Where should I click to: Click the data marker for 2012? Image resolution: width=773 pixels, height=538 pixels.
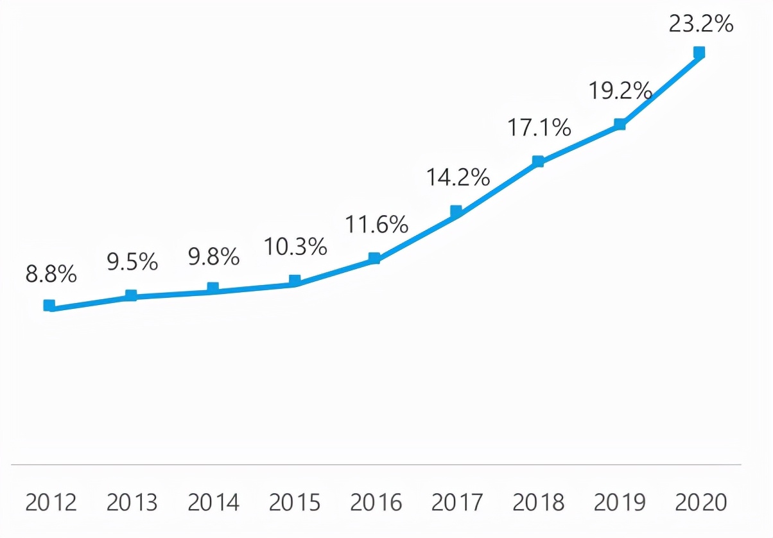click(x=49, y=305)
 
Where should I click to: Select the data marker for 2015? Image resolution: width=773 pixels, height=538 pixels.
click(x=295, y=281)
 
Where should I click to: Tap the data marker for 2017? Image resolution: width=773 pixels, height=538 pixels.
click(x=456, y=211)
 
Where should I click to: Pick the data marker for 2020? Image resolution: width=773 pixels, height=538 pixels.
click(x=699, y=52)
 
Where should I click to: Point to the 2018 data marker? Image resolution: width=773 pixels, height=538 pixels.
click(x=538, y=161)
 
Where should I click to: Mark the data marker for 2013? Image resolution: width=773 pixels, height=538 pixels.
click(x=131, y=295)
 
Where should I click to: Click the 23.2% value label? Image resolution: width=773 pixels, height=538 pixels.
click(x=700, y=24)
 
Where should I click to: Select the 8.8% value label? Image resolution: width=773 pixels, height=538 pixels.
click(x=51, y=275)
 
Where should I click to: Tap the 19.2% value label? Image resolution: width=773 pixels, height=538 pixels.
click(x=620, y=91)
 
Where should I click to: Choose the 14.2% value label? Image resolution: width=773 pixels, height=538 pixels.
click(x=458, y=177)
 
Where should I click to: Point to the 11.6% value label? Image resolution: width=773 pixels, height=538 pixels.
click(x=377, y=225)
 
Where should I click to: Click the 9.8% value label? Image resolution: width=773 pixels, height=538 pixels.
click(x=214, y=258)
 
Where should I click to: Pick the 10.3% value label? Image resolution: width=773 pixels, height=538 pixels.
click(x=295, y=247)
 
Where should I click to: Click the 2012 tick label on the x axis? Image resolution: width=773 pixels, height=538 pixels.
click(x=51, y=503)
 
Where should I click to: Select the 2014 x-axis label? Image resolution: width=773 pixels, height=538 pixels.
click(x=214, y=503)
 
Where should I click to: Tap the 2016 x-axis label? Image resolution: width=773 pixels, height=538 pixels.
click(x=377, y=503)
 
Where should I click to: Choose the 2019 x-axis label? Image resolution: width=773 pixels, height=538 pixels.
click(x=620, y=503)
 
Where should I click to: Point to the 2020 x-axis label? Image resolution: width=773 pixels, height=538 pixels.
click(x=701, y=503)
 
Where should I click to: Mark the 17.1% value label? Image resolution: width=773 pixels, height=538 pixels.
click(x=539, y=128)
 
